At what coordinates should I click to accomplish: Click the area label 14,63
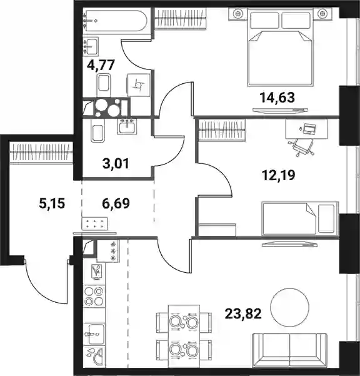[277, 98]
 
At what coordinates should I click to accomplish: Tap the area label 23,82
[243, 313]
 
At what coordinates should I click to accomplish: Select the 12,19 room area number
[279, 175]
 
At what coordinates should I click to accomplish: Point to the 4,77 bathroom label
[101, 65]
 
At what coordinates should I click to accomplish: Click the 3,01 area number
[116, 163]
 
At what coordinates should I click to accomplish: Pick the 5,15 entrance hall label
[52, 204]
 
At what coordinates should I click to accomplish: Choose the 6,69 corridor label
[116, 203]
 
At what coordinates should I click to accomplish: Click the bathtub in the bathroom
[114, 21]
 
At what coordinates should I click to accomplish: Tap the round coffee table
[289, 307]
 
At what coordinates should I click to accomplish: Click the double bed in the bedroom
[280, 48]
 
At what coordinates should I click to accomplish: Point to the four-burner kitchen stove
[94, 296]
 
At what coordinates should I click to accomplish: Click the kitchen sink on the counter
[94, 334]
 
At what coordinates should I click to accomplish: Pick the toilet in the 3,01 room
[97, 131]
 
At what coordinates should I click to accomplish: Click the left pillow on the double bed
[264, 20]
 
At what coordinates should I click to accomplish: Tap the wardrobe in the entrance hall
[41, 153]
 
